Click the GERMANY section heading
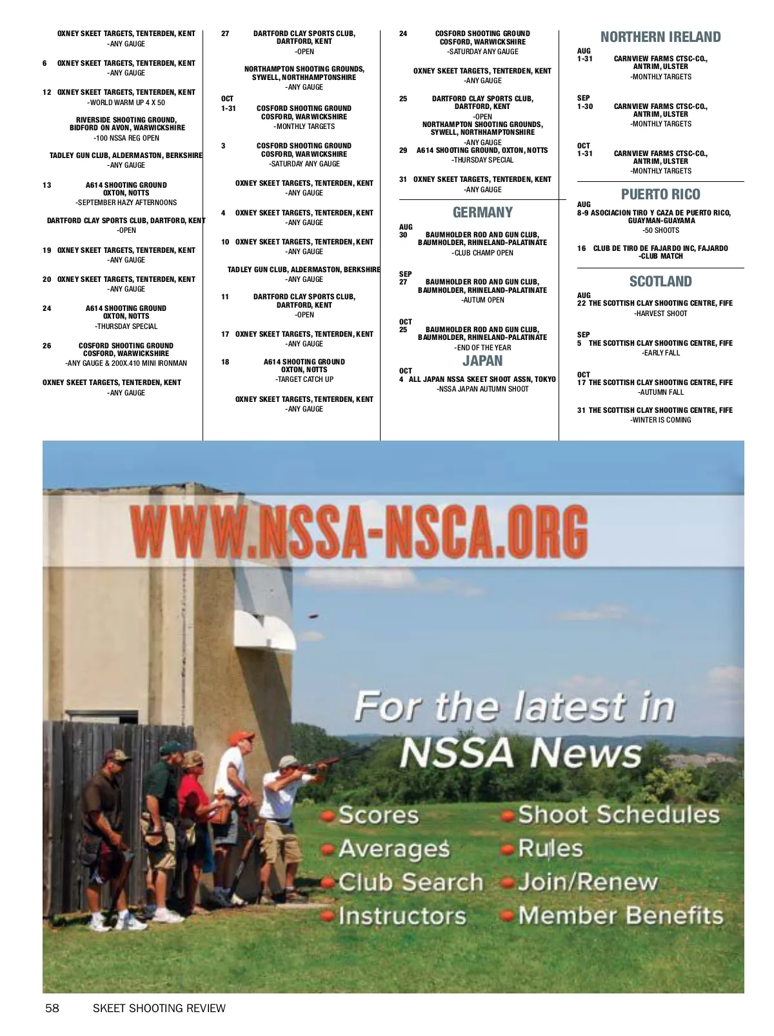coord(482,213)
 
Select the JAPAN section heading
coord(482,361)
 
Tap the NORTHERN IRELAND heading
coord(660,37)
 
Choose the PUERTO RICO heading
coord(660,195)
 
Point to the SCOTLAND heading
coord(660,282)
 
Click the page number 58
coord(52,1008)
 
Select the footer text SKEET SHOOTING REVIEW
coord(159,1008)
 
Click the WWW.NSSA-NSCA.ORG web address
coord(359,532)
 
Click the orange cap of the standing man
coord(241,737)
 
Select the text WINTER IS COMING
coord(660,420)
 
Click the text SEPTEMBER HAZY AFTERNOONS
coord(126,203)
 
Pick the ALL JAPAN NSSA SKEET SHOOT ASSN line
coord(482,379)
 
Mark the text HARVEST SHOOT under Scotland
coord(660,314)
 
